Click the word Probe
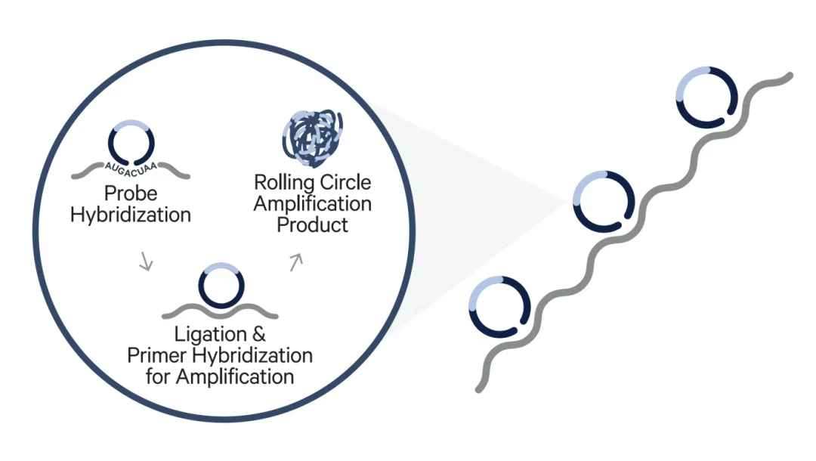(130, 193)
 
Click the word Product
(312, 224)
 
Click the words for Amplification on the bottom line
(220, 376)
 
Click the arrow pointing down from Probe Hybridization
(147, 262)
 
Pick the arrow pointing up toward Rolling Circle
(295, 261)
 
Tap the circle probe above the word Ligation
(221, 285)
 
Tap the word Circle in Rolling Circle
(344, 183)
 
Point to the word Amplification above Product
(312, 204)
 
